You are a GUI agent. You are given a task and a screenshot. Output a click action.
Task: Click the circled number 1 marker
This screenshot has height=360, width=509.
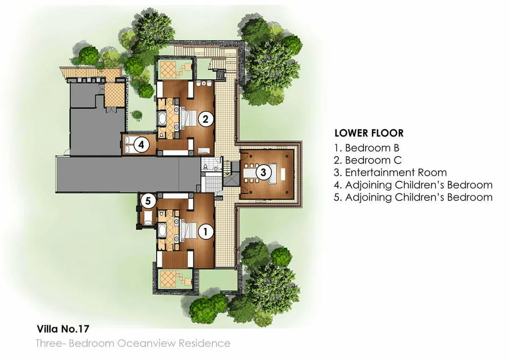206,232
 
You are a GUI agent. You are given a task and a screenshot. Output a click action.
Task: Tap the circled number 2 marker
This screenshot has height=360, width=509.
205,119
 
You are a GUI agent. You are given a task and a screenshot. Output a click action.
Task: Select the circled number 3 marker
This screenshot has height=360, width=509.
263,172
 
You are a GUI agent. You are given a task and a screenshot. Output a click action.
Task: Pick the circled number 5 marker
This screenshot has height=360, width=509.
148,202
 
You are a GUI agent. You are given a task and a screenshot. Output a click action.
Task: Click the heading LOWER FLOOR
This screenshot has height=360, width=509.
369,133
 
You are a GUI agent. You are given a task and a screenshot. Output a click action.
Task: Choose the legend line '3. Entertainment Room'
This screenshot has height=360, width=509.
390,173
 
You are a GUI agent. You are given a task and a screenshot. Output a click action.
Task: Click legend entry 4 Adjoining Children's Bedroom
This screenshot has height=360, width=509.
413,185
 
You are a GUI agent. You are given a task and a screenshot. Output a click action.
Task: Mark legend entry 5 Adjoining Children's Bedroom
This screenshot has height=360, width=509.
413,197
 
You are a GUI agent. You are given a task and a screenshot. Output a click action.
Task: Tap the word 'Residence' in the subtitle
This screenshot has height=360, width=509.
210,343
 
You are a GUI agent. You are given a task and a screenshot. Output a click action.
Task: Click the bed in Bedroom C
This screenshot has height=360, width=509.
189,119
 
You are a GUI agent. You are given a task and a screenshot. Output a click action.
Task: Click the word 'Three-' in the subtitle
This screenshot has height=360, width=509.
50,343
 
